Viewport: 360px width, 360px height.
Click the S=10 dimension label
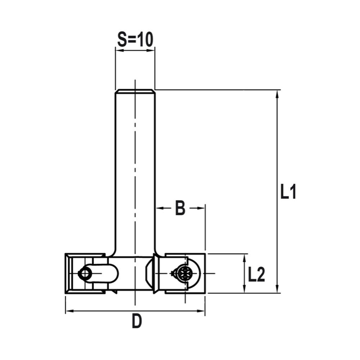(x=135, y=40)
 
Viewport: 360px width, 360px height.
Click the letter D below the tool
(x=136, y=321)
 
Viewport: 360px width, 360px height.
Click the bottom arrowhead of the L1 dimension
(x=277, y=289)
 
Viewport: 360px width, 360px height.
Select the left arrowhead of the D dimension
(x=69, y=311)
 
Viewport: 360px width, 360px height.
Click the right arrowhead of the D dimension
(x=201, y=311)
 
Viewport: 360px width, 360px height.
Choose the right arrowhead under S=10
(x=151, y=50)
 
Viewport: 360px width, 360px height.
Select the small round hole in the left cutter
(x=85, y=274)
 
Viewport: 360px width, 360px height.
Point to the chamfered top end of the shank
(x=135, y=91)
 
